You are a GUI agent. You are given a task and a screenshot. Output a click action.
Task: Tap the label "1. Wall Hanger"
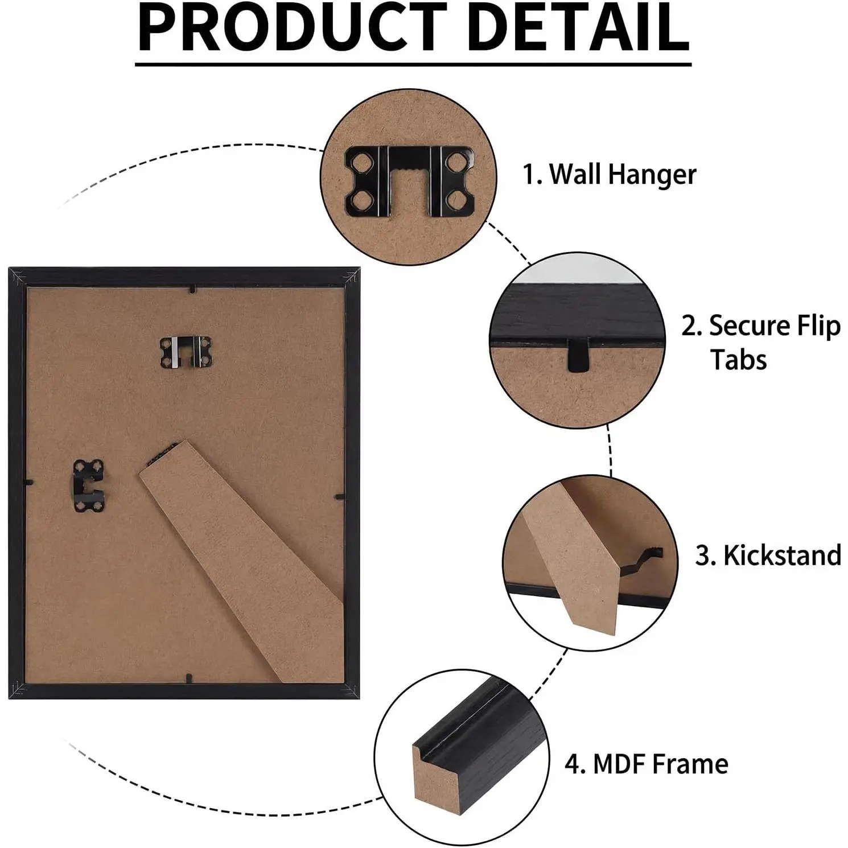[x=610, y=174]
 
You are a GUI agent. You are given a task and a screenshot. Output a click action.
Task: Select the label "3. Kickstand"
[x=768, y=555]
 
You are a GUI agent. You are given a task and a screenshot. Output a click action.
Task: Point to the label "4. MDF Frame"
[x=647, y=764]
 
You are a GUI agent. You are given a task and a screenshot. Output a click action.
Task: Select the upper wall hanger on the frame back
[x=186, y=351]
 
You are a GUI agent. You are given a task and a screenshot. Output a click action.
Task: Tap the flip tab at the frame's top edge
[x=193, y=289]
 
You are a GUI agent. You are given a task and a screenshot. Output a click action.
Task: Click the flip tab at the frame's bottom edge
[x=188, y=678]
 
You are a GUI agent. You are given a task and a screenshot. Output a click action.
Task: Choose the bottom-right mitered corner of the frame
[x=351, y=689]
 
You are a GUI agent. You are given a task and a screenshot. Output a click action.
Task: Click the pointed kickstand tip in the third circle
[x=592, y=633]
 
